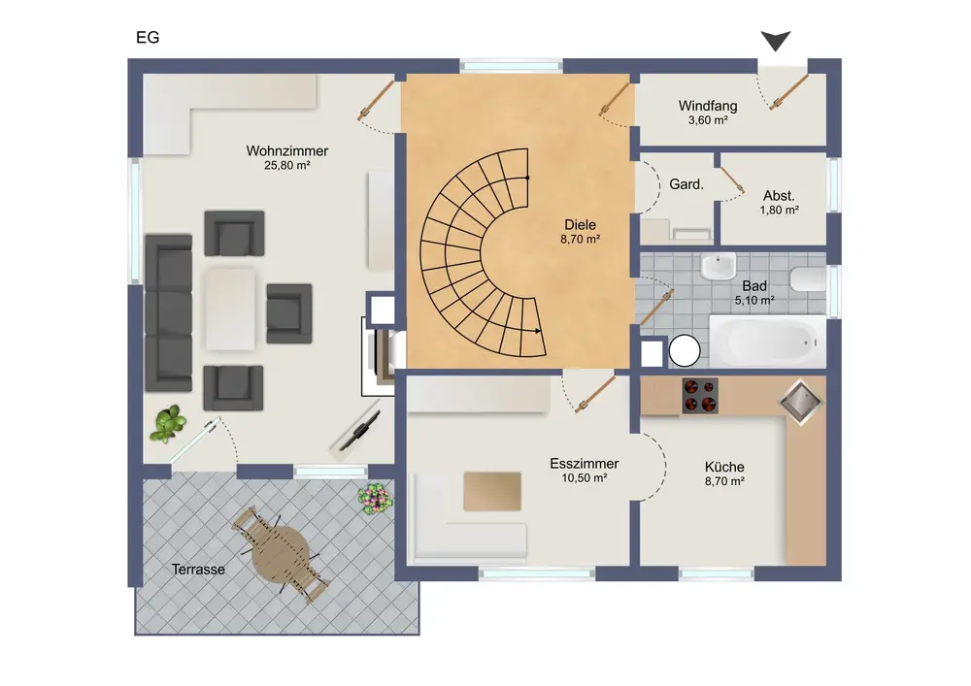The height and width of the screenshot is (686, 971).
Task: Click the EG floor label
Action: coord(148,38)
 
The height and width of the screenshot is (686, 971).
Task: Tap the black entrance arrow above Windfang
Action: coord(775,41)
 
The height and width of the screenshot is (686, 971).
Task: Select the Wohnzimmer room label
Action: coord(287,151)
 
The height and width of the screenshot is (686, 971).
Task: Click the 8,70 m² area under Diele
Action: coord(581,240)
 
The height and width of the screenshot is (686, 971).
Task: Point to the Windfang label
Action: coord(708,106)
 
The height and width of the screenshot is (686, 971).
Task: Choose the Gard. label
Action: coord(686,184)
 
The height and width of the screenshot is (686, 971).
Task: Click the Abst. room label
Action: coord(779,196)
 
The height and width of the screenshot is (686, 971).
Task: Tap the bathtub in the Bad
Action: coord(767,342)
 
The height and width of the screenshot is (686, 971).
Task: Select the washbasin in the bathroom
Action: coord(719,266)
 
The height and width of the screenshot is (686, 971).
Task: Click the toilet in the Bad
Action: coord(808,279)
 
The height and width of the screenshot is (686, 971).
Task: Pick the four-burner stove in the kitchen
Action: coord(700,396)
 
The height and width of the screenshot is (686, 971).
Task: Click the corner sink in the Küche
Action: coord(800,402)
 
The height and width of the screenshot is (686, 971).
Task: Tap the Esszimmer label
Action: coord(584,464)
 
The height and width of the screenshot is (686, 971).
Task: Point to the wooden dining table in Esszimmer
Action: coord(492,491)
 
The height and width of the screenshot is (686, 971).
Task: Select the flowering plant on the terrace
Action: coord(375,499)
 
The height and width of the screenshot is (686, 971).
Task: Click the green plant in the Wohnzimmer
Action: coord(167,424)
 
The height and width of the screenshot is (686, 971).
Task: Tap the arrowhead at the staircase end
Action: coord(538,331)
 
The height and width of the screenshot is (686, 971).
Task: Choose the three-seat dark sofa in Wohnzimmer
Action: coord(168,313)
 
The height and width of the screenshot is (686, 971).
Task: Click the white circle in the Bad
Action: coord(685,351)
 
